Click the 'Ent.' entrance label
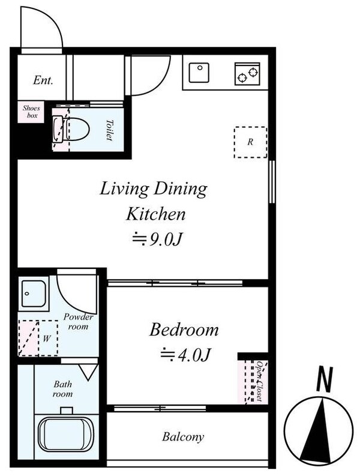(x=42, y=79)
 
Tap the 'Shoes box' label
(x=31, y=112)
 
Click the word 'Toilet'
(x=110, y=128)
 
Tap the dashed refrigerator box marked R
(x=250, y=142)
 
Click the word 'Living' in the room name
(x=121, y=189)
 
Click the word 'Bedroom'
(x=184, y=330)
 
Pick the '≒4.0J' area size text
(x=185, y=355)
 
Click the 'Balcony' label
(x=183, y=436)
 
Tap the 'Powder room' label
(x=78, y=321)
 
